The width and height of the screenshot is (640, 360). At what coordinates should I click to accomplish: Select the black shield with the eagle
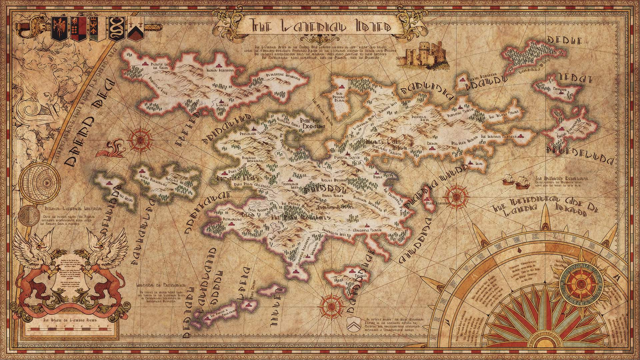tap(57, 28)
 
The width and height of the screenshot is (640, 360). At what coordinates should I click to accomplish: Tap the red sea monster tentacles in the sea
tap(111, 148)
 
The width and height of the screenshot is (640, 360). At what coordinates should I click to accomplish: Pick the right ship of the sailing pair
tap(520, 182)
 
